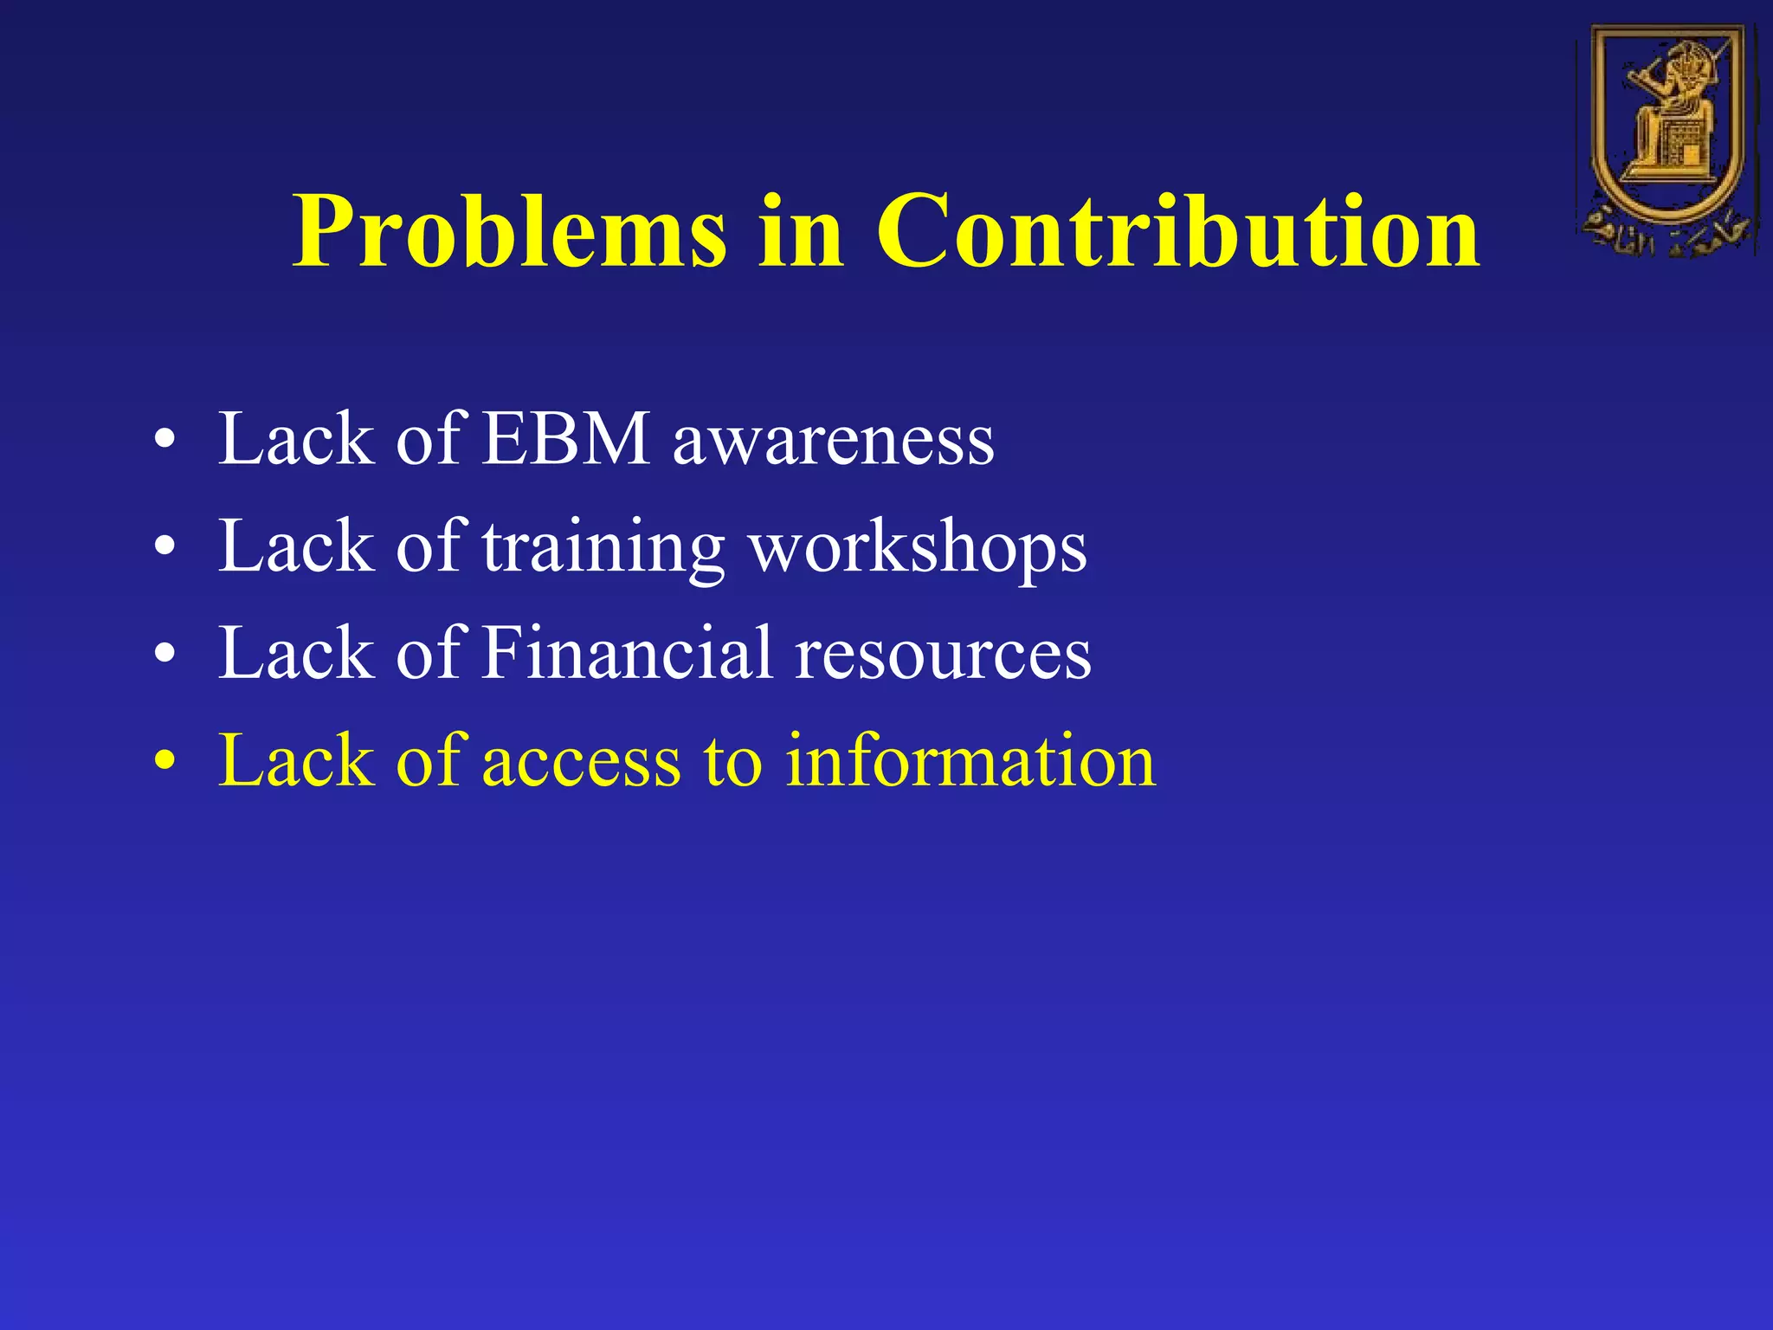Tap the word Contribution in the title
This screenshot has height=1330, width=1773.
pos(1177,232)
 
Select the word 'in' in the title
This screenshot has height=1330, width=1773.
pos(800,232)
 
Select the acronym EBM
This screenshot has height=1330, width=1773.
pos(564,439)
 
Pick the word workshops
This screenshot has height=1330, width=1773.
pos(918,548)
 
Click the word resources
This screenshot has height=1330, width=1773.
pos(944,656)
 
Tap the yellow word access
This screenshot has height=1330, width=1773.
pos(581,763)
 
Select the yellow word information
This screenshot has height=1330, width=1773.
pos(970,761)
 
